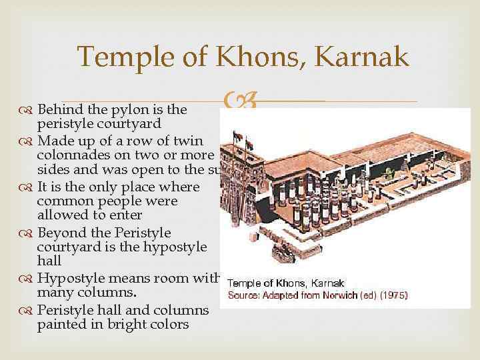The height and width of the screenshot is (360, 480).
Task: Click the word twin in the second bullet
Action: pos(191,140)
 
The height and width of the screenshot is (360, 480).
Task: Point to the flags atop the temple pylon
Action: pos(243,137)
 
